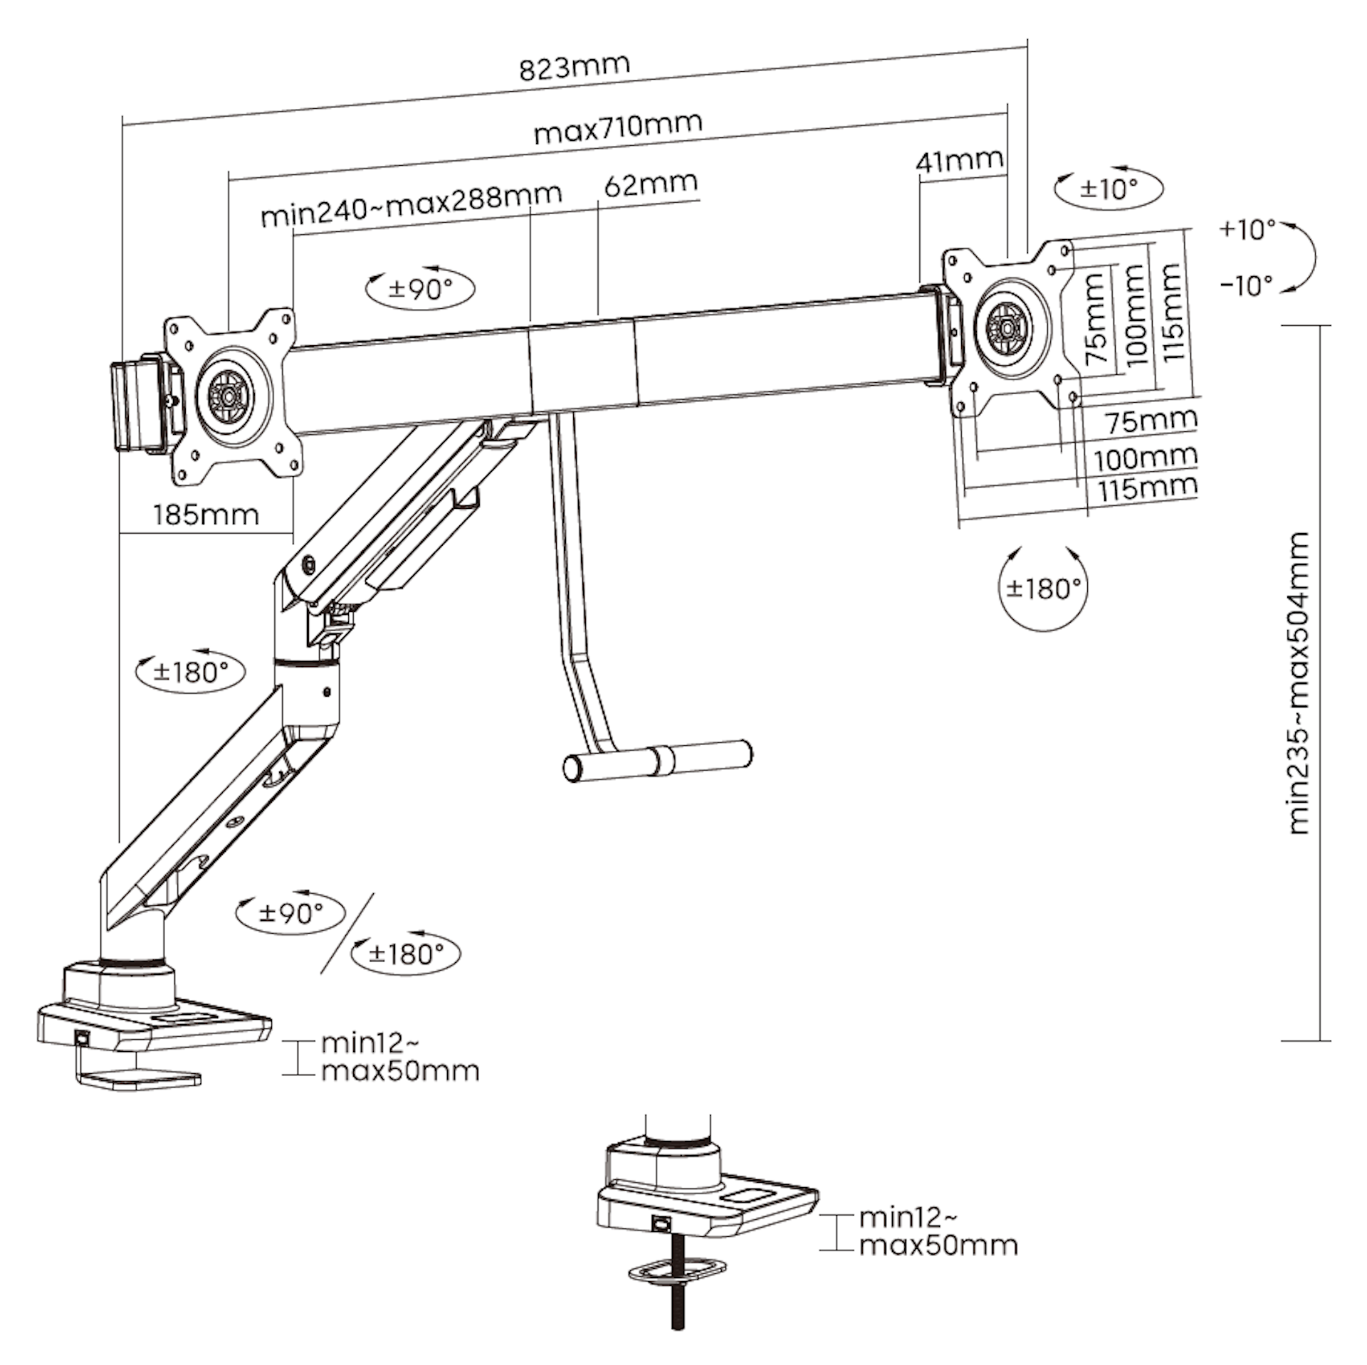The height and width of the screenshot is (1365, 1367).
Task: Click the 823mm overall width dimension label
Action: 575,66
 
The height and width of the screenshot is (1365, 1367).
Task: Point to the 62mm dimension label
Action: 651,184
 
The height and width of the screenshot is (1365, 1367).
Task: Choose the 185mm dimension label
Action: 206,514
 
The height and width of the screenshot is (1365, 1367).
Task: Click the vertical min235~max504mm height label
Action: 1300,682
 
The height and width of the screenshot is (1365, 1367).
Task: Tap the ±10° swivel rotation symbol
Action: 1109,189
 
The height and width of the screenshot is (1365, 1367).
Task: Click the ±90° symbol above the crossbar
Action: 421,289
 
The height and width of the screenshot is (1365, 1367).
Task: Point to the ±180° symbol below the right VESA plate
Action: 1044,589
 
